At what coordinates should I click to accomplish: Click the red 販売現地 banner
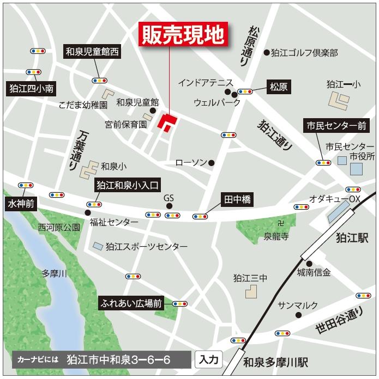tap(183, 34)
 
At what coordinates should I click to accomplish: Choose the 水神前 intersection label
tap(21, 204)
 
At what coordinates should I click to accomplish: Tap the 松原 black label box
tap(279, 86)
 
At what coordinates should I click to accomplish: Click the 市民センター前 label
tap(336, 126)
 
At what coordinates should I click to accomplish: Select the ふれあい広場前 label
tap(131, 303)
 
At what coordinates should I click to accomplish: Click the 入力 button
tap(208, 359)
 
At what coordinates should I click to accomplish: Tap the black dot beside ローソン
tap(211, 162)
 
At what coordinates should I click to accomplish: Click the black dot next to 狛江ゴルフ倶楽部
tap(267, 53)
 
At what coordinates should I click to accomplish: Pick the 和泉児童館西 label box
tap(92, 52)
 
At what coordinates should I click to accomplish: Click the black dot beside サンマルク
tap(298, 315)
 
